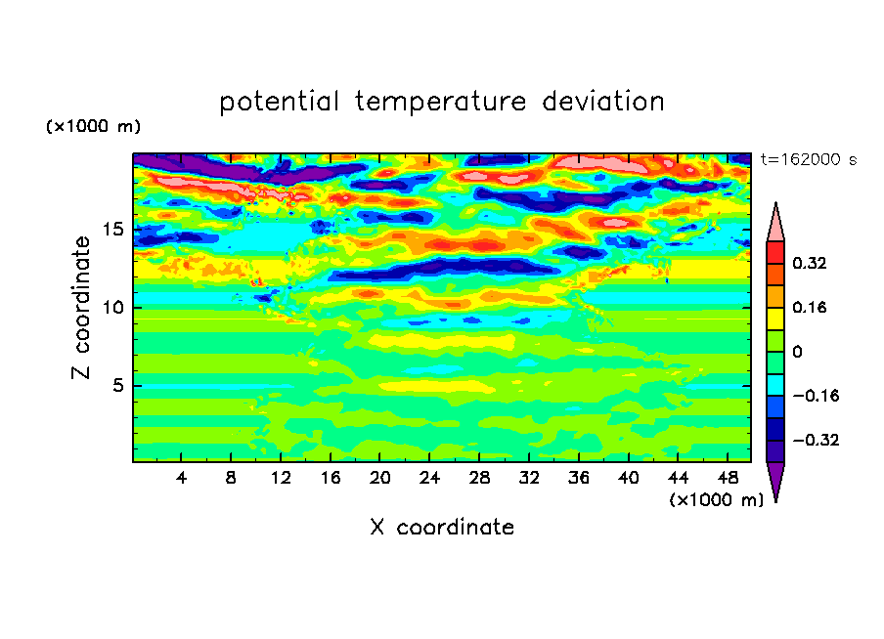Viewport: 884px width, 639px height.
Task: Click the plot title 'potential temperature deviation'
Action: [x=442, y=102]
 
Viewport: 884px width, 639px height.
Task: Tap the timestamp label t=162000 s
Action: [x=809, y=160]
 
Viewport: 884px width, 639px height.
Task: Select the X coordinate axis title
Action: [x=442, y=527]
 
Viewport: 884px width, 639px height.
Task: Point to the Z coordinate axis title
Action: [x=80, y=307]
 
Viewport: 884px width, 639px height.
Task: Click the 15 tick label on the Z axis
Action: [x=112, y=230]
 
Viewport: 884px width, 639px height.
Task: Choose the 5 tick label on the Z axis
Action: [x=117, y=385]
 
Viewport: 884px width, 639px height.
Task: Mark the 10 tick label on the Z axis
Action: [x=112, y=308]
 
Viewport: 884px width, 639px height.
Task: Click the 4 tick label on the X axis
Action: [x=181, y=478]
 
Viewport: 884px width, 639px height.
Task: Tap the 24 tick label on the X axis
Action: [x=429, y=478]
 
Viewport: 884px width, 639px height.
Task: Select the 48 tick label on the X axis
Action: [x=728, y=478]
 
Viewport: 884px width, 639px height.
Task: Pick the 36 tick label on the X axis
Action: [x=579, y=478]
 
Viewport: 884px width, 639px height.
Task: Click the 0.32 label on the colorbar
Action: [x=809, y=263]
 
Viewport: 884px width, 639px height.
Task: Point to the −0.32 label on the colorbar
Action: [x=816, y=440]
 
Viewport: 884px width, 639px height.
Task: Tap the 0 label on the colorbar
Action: [x=797, y=352]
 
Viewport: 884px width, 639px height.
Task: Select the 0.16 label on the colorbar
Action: [x=809, y=307]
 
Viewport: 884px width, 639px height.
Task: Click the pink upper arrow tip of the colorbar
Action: [x=775, y=203]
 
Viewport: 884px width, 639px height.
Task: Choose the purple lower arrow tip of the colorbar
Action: [x=775, y=501]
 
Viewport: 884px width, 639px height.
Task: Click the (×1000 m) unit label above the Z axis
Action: [x=93, y=126]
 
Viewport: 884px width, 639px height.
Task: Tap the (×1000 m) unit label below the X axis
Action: [x=716, y=500]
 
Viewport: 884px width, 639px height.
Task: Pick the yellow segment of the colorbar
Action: [x=775, y=319]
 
